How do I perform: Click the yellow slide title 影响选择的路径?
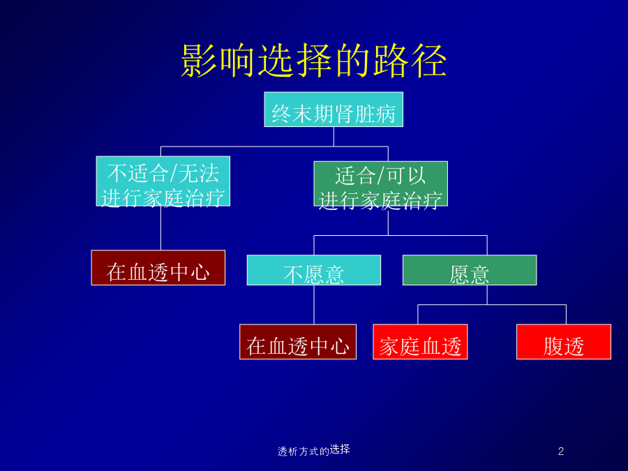(x=313, y=61)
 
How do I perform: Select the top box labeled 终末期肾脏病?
(x=334, y=110)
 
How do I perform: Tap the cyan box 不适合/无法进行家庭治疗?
(x=163, y=181)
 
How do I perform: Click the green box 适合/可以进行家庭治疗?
(x=380, y=184)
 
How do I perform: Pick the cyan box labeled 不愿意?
(x=313, y=270)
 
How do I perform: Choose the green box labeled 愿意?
(x=470, y=270)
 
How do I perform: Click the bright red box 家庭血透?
(x=420, y=342)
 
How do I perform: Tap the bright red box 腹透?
(x=564, y=342)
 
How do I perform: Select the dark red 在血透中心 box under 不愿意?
(x=297, y=342)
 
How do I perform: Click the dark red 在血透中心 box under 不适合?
(x=158, y=267)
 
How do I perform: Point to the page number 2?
(x=561, y=451)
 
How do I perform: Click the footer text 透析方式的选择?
(x=313, y=451)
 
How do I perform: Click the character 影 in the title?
(x=199, y=61)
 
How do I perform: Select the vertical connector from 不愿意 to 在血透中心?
(x=314, y=305)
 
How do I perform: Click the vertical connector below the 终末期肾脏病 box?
(x=334, y=137)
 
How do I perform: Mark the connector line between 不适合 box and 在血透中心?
(x=160, y=228)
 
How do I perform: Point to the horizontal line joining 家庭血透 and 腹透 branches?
(x=492, y=305)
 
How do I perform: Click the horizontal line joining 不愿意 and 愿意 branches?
(x=401, y=236)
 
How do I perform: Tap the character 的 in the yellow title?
(x=352, y=61)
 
